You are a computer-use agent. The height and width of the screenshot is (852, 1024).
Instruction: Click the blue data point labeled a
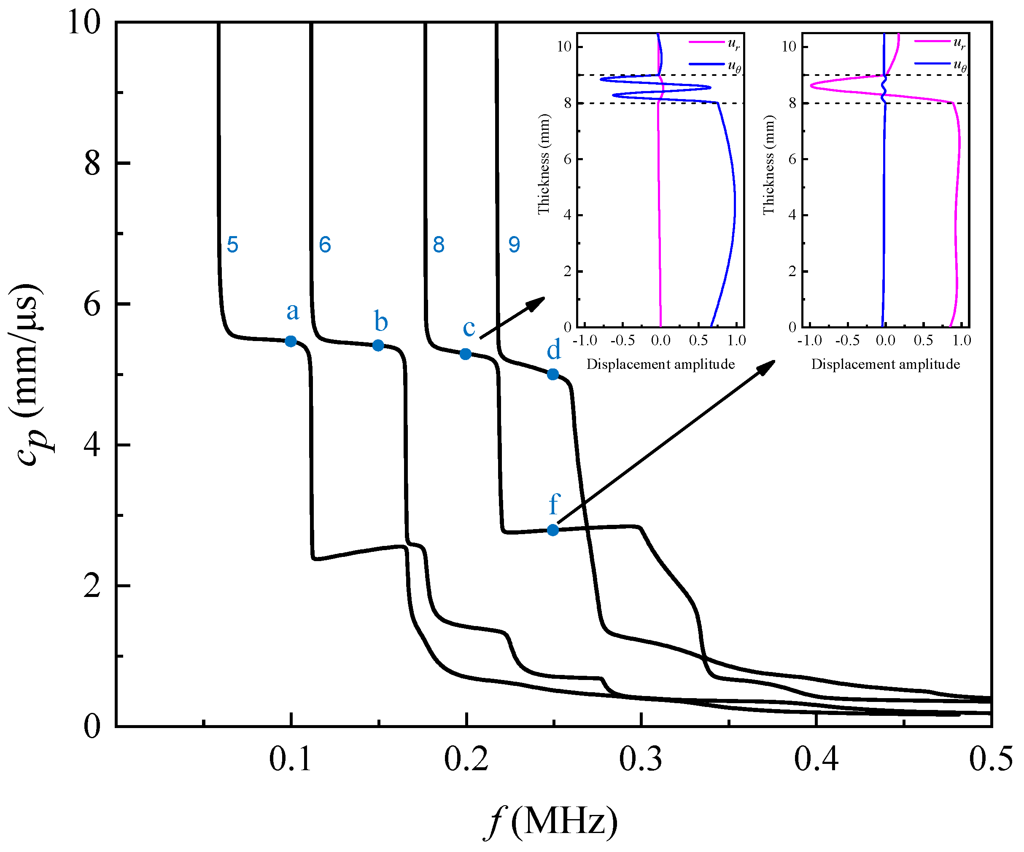click(291, 341)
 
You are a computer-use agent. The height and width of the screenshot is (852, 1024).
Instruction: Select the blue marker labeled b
click(378, 346)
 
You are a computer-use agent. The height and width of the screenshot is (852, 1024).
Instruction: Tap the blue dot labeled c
click(466, 354)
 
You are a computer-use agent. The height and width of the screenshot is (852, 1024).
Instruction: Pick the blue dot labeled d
click(552, 374)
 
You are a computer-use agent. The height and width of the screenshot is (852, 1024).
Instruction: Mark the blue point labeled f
click(552, 530)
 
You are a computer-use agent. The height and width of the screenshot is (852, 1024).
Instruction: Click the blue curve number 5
click(233, 245)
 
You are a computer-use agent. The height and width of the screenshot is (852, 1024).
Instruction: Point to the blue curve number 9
click(514, 245)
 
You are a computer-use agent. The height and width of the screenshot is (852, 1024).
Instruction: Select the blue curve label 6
click(325, 245)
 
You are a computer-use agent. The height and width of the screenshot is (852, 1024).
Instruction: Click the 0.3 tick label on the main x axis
click(641, 759)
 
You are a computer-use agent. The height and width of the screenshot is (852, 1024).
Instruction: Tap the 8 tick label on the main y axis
click(92, 163)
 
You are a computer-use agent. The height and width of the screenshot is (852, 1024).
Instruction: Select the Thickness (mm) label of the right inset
click(768, 165)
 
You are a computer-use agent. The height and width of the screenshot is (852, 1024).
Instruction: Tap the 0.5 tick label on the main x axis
click(990, 759)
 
